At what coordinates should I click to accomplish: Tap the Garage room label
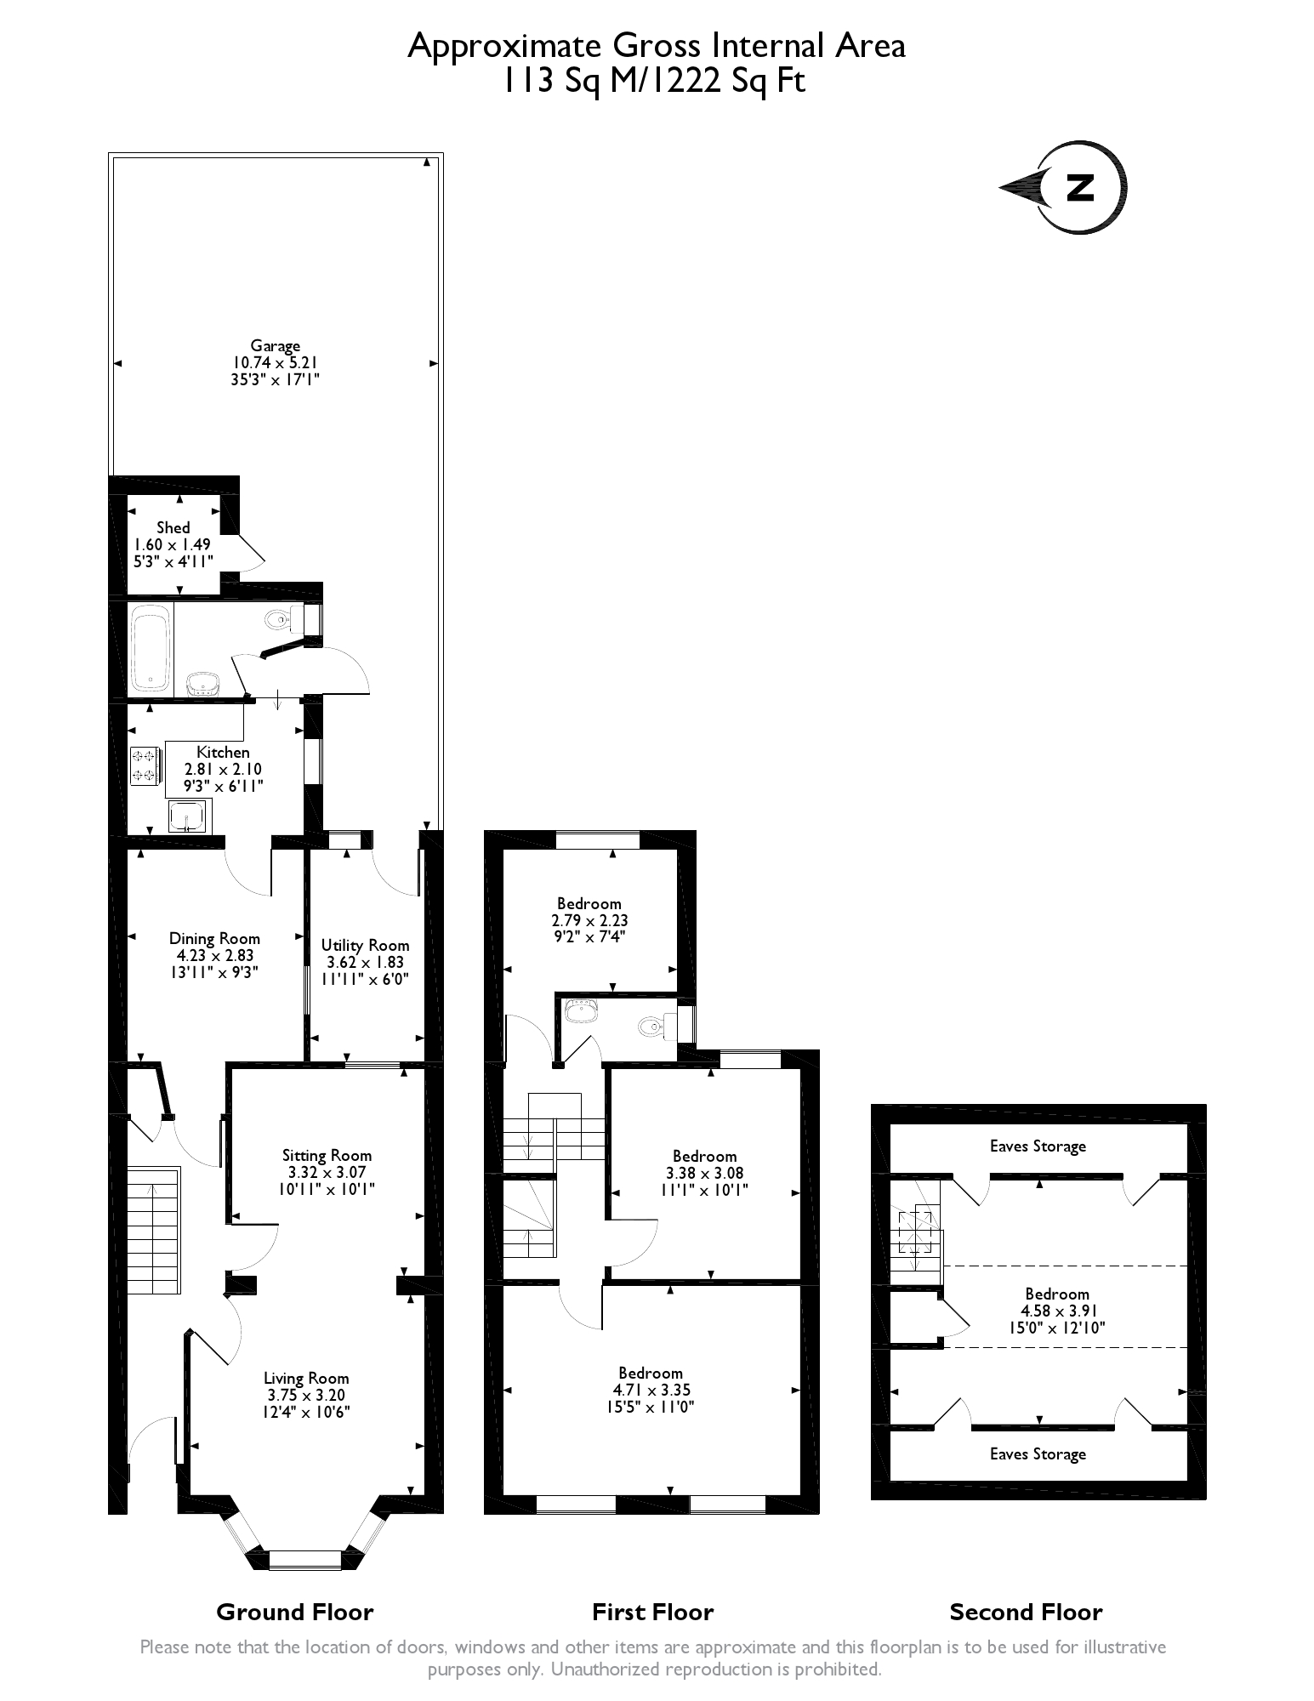pos(275,346)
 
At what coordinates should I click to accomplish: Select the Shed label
pos(173,528)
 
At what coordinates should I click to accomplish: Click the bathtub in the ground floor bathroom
pos(152,647)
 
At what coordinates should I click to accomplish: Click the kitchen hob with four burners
pos(144,765)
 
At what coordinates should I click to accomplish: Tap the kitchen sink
pos(187,816)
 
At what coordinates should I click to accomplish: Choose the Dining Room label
pos(214,939)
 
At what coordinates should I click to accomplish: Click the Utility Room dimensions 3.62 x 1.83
pos(365,962)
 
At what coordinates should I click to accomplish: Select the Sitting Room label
pos(327,1155)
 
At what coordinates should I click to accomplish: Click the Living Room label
pos(305,1378)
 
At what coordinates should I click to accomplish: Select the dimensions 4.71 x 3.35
pos(651,1390)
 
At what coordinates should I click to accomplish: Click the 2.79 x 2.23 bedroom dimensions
pos(589,920)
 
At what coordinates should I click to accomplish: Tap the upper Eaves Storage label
pos(1038,1146)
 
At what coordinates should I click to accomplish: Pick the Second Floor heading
pos(1026,1612)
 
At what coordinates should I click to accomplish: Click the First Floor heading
pos(652,1612)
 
